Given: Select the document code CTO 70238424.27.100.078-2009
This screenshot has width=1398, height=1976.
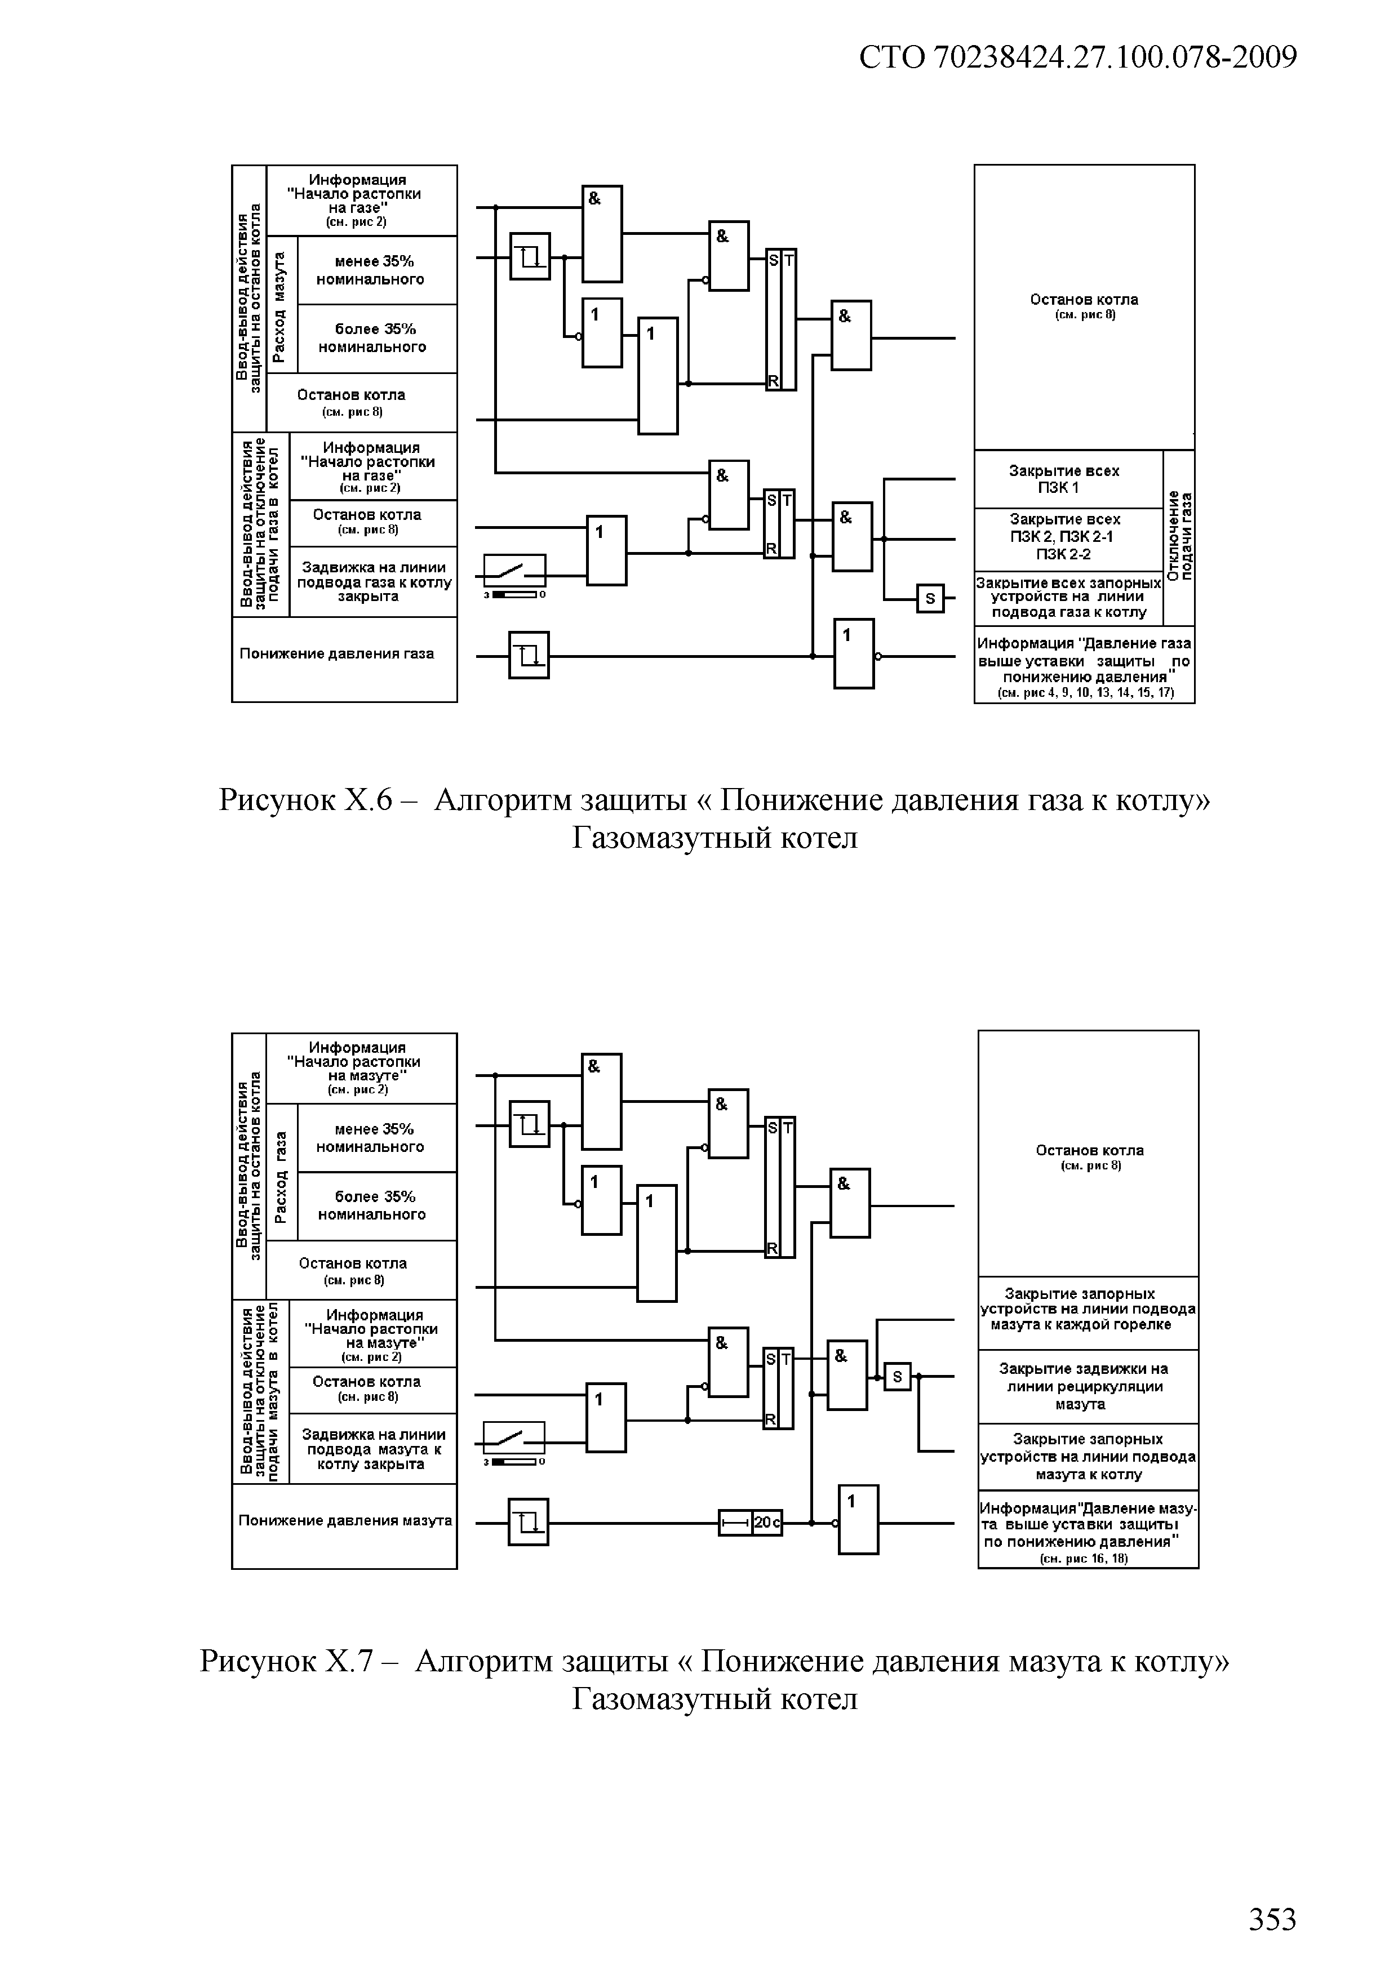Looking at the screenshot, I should point(1078,57).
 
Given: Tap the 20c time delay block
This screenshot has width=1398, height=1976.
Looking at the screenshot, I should point(751,1523).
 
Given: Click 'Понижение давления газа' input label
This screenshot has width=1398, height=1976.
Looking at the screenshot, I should point(336,654).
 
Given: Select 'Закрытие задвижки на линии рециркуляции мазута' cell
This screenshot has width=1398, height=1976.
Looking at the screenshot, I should point(1086,1386).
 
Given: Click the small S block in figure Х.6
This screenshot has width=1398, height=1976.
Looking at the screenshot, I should point(930,598).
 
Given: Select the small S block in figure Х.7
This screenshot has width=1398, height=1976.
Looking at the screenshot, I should point(897,1378).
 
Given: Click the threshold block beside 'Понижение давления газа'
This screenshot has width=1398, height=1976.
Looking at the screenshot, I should point(529,656).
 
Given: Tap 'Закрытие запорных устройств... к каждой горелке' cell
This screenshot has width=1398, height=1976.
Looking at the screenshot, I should point(1086,1310).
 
